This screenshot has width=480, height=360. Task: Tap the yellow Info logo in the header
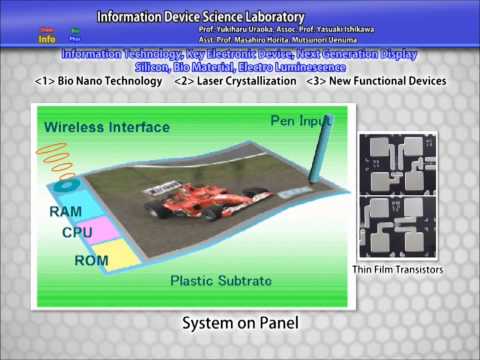[x=47, y=38]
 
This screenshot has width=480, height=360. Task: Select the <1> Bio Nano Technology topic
[x=98, y=81]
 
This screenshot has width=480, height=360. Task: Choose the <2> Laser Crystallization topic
[x=238, y=81]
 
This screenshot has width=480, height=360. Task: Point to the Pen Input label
[x=301, y=120]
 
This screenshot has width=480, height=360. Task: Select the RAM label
[x=65, y=212]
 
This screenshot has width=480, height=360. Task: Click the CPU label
[x=77, y=233]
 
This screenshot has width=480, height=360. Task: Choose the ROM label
[x=91, y=260]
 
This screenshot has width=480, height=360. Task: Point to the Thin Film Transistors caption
[x=398, y=270]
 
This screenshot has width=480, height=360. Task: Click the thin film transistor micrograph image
[x=397, y=195]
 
